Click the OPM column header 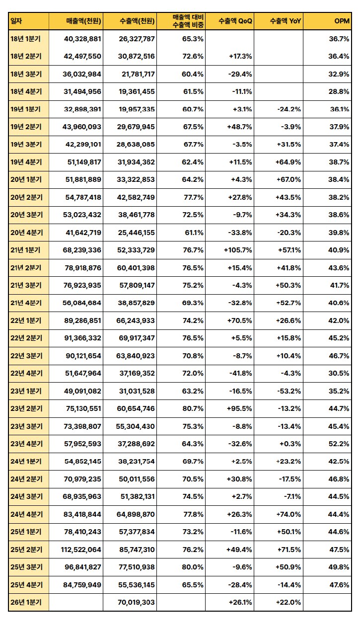click(x=342, y=21)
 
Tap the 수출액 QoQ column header click(x=235, y=21)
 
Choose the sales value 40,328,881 click(x=82, y=38)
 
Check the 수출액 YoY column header click(x=286, y=21)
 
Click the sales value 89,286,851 click(x=82, y=320)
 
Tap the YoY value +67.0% click(x=288, y=179)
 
